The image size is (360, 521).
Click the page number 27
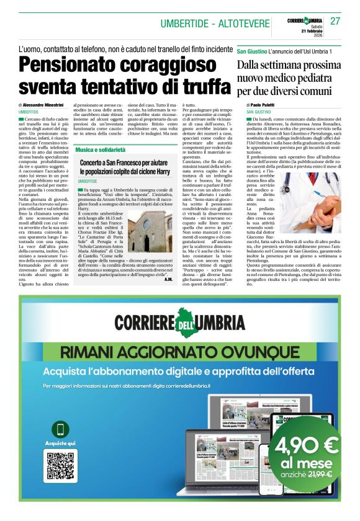(336, 21)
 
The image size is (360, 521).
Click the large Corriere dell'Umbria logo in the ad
(179, 323)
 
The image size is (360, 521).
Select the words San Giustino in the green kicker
(253, 51)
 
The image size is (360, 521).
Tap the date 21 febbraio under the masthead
(304, 32)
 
